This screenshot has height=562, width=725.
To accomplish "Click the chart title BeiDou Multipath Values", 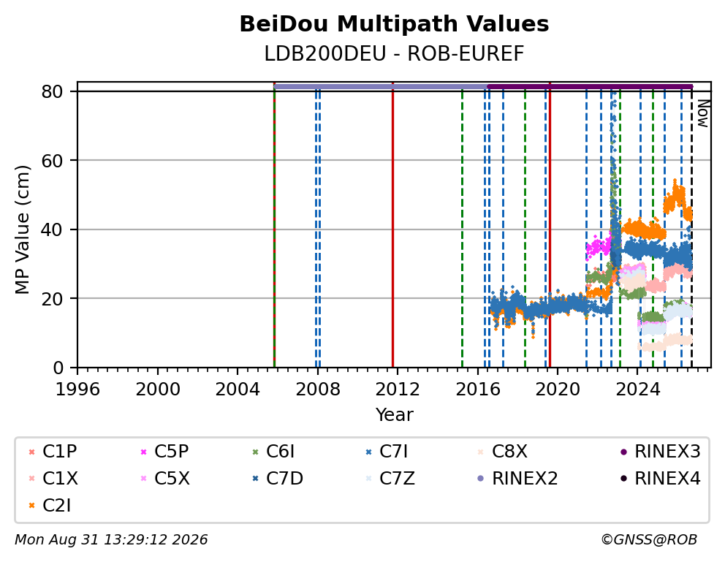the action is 394,24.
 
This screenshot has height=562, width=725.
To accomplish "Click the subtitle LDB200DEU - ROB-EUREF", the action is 394,54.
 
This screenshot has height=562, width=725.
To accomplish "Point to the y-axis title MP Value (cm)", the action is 22,229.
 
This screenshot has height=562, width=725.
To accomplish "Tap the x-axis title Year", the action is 394,414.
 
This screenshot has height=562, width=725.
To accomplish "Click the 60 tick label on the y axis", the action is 52,161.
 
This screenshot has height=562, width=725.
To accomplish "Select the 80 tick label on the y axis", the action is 52,92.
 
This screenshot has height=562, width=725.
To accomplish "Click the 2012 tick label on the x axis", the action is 398,390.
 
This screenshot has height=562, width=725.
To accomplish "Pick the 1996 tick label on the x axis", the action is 77,390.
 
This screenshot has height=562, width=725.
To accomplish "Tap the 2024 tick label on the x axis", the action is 637,390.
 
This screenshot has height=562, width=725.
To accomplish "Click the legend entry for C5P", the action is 164,452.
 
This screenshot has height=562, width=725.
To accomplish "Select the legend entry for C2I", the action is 50,506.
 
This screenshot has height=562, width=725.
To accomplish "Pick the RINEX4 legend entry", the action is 660,479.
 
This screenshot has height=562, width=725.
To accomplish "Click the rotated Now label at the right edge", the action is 703,114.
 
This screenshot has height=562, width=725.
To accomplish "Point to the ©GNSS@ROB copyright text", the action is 649,540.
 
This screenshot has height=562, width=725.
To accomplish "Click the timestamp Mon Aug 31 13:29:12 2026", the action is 111,540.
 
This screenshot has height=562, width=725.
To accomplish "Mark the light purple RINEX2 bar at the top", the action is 381,86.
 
